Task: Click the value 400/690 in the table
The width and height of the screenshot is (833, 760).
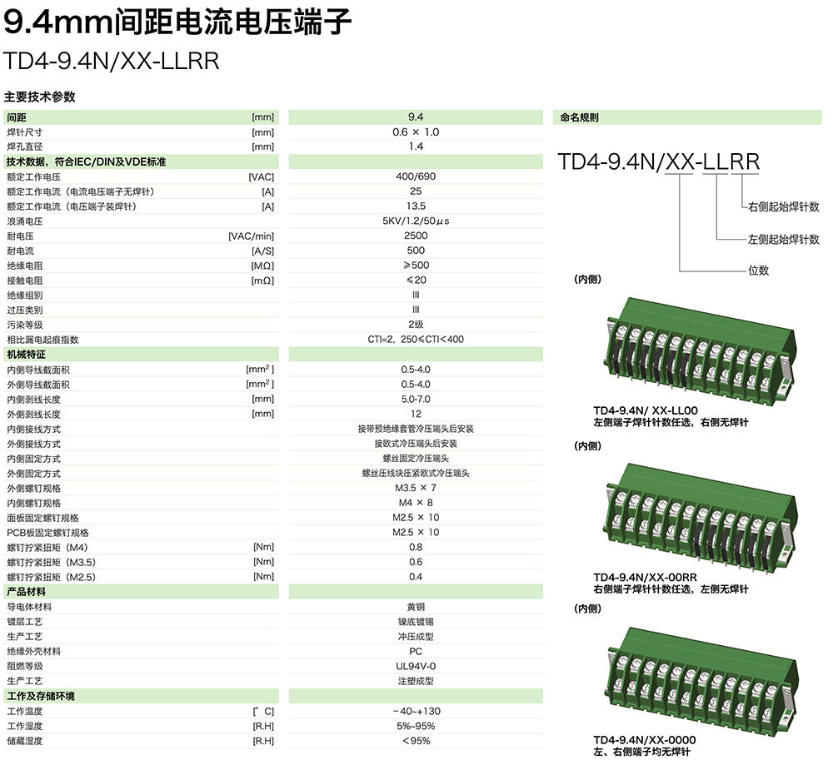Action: click(416, 176)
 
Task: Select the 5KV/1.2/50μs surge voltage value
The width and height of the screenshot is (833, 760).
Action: click(416, 221)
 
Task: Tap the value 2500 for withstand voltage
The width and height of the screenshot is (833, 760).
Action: click(416, 236)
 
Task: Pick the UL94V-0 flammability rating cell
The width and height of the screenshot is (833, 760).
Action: click(416, 666)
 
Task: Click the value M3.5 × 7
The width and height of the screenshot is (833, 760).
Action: click(416, 488)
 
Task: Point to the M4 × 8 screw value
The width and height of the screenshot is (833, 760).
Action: click(416, 503)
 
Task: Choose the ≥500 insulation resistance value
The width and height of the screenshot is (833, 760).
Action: click(416, 266)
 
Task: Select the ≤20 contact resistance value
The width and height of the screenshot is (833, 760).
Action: click(416, 281)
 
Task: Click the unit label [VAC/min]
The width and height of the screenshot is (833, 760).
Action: click(251, 236)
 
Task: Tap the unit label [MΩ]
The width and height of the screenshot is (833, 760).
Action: click(262, 266)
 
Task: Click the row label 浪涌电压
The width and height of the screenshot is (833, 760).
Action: click(24, 221)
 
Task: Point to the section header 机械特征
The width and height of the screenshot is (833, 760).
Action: click(26, 355)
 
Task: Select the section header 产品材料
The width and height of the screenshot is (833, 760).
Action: click(26, 592)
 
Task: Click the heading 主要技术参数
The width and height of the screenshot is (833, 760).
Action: click(39, 97)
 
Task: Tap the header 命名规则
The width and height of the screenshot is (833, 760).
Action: click(580, 117)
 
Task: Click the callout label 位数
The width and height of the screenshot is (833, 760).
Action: click(758, 270)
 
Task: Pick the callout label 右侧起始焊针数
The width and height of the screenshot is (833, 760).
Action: click(783, 206)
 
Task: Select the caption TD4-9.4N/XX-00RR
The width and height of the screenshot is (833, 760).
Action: click(645, 577)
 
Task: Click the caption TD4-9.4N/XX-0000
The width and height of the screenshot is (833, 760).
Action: click(644, 740)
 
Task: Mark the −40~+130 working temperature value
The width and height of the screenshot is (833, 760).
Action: click(416, 711)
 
